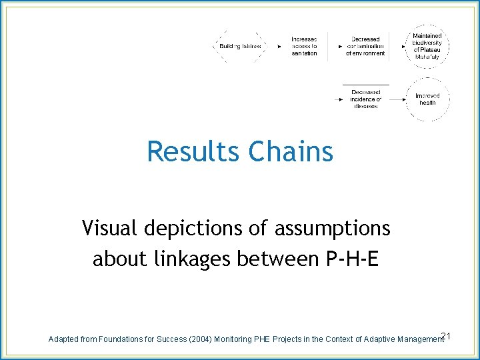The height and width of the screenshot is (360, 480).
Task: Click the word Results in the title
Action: tap(194, 151)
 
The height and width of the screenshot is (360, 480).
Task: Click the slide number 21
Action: tap(447, 335)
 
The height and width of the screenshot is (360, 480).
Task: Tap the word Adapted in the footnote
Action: tap(63, 339)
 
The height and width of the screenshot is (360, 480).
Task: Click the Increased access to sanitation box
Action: tap(305, 46)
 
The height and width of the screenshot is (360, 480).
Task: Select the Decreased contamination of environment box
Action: tap(366, 46)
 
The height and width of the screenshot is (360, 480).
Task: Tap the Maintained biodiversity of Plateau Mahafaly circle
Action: tap(427, 46)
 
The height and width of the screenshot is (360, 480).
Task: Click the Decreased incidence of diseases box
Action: tap(366, 99)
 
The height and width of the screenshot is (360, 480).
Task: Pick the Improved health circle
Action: tap(427, 99)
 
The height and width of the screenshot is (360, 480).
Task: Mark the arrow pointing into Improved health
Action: tap(398, 99)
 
